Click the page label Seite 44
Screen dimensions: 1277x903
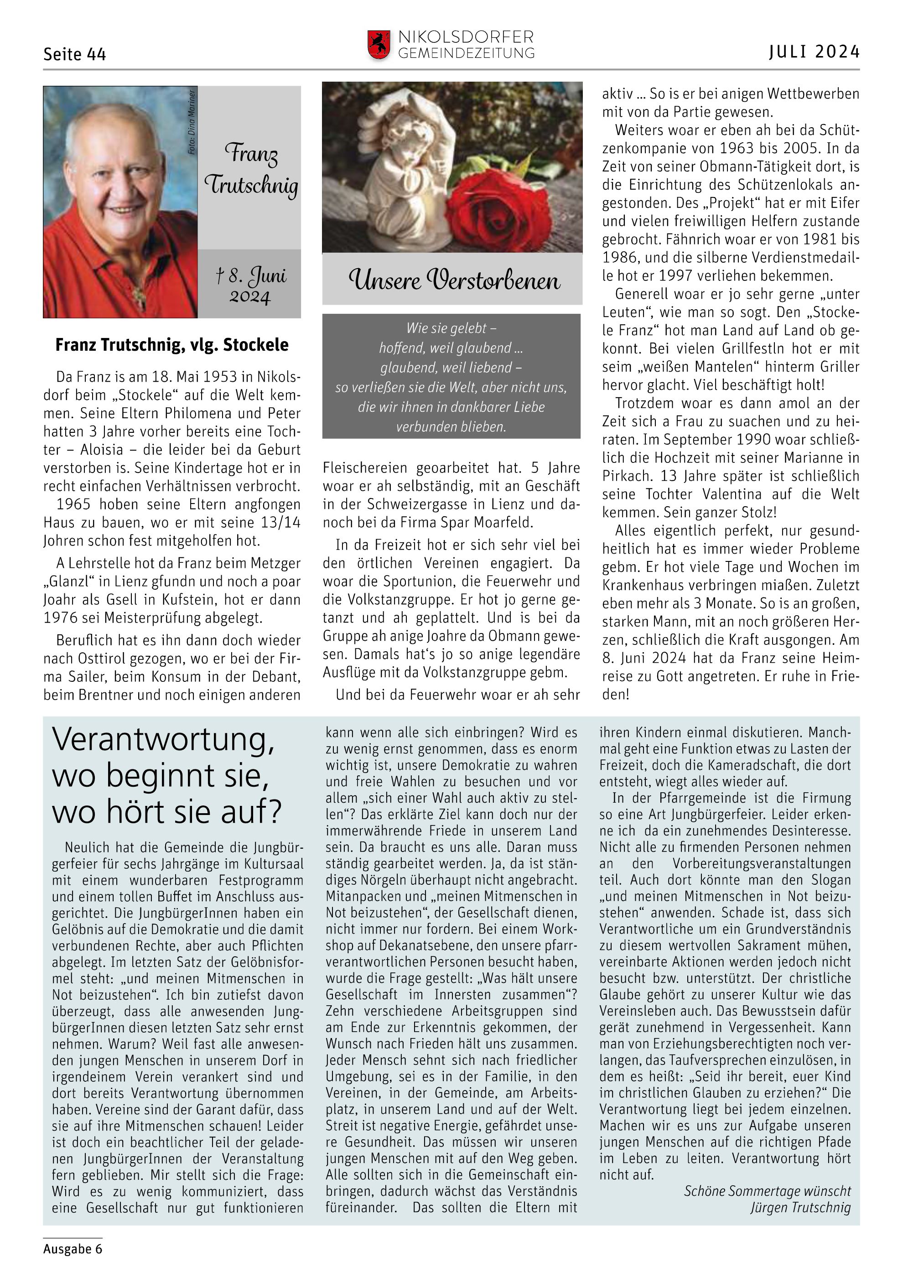(74, 54)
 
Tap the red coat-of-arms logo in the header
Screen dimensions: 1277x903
(379, 45)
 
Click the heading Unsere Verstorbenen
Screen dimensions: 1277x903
(454, 280)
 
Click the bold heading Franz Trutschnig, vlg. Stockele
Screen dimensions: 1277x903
(172, 345)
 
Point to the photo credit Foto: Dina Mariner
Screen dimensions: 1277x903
(192, 122)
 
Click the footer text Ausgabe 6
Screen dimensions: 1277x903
(73, 1249)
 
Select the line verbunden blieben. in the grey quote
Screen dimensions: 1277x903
(451, 426)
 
